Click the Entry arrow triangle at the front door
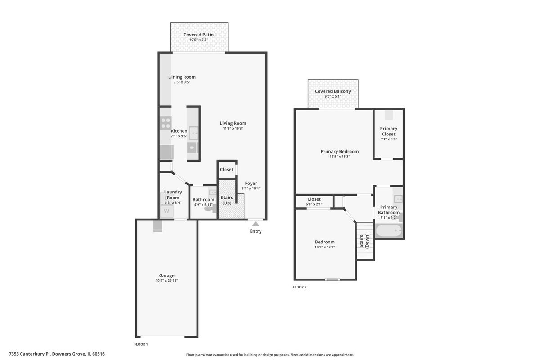(256, 224)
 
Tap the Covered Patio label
(198, 35)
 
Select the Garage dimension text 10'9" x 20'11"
(167, 281)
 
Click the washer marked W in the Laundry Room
(166, 211)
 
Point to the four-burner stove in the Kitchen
(166, 123)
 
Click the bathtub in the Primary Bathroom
(389, 231)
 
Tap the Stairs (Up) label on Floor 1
(227, 200)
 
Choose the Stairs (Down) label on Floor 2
(364, 241)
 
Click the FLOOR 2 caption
(300, 287)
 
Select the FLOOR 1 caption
(141, 344)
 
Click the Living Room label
(233, 123)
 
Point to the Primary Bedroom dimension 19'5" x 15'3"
(340, 157)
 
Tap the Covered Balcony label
(333, 91)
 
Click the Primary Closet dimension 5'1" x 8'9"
(389, 139)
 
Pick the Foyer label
(251, 184)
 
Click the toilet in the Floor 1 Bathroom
(211, 208)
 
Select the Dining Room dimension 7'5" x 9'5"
(182, 82)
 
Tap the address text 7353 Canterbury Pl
(30, 354)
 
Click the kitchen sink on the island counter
(193, 133)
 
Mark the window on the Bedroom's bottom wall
(333, 280)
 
